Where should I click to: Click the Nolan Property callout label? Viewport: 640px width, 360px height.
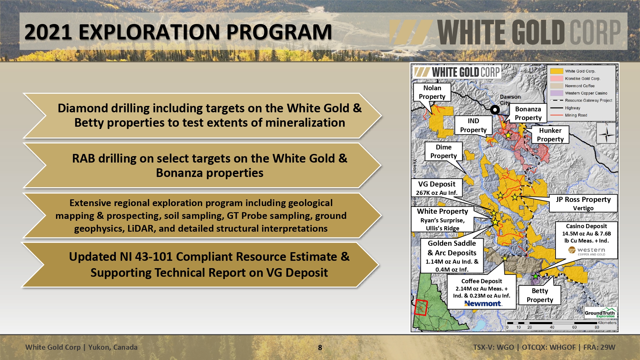[432, 92]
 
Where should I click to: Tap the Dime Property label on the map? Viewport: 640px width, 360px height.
[444, 151]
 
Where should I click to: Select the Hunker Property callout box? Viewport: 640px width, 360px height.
[550, 135]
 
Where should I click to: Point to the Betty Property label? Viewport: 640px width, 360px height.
[540, 295]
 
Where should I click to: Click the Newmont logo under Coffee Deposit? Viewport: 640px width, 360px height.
[483, 303]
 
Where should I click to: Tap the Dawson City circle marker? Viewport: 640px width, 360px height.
[495, 110]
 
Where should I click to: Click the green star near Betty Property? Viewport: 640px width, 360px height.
[535, 276]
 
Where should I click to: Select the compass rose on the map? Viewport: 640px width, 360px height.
[606, 133]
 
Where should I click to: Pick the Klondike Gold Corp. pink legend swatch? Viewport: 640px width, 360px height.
[556, 78]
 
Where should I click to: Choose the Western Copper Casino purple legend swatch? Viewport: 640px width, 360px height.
[556, 93]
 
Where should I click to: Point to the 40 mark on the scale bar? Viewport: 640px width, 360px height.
[552, 327]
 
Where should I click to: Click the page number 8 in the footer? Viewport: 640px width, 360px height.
[320, 348]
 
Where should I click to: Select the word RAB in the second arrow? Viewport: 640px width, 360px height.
[84, 158]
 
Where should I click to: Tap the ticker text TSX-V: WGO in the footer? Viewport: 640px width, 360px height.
[493, 347]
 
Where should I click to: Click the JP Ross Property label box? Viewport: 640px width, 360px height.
[583, 203]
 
